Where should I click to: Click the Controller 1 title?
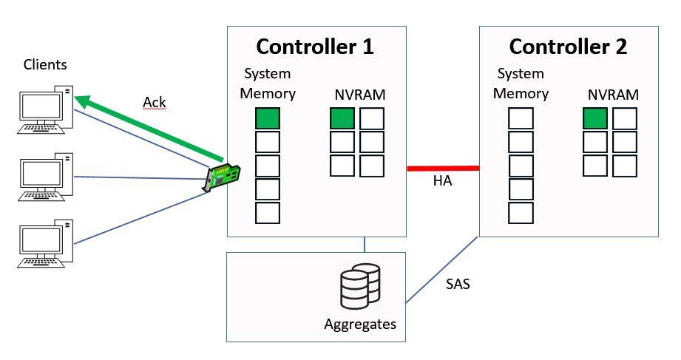[315, 47]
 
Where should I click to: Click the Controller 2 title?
[568, 47]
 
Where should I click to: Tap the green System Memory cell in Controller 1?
[268, 119]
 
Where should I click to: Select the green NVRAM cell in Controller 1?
[342, 118]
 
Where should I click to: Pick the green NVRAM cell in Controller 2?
[595, 118]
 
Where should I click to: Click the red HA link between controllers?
[443, 169]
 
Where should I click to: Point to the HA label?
[442, 182]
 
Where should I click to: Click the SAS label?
[458, 283]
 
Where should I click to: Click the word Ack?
[155, 101]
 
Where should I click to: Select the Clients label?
[45, 65]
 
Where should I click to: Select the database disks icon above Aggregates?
[359, 286]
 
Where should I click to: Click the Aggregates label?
[360, 324]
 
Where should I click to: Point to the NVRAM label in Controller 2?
[613, 95]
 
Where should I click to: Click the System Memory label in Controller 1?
[268, 84]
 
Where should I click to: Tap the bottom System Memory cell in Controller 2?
[521, 213]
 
